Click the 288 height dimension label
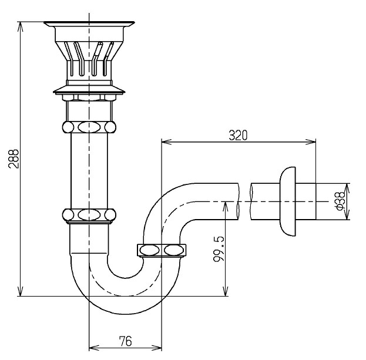pyautogui.click(x=14, y=159)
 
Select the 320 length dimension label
pyautogui.click(x=238, y=135)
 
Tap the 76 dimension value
pyautogui.click(x=125, y=341)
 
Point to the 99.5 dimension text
pyautogui.click(x=219, y=249)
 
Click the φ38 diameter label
pyautogui.click(x=340, y=201)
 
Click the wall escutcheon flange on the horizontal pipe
pyautogui.click(x=288, y=201)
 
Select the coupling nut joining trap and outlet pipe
pyautogui.click(x=162, y=250)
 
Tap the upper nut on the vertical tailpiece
pyautogui.click(x=89, y=127)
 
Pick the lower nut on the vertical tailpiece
pyautogui.click(x=89, y=215)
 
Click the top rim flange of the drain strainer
pyautogui.click(x=89, y=24)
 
